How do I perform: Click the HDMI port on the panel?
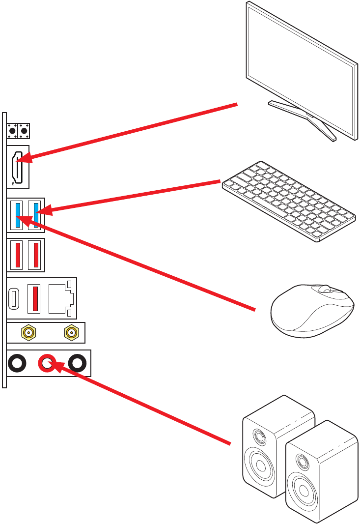(x=18, y=167)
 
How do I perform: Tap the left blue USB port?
(x=18, y=214)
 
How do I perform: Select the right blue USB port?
(x=36, y=214)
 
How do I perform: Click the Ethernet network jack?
(x=60, y=298)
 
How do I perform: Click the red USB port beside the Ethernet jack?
(x=35, y=298)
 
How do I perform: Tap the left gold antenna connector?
(x=28, y=333)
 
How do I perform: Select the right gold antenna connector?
(x=71, y=333)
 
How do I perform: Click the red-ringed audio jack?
(x=47, y=363)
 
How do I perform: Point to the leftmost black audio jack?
(x=17, y=363)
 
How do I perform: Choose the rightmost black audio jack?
(x=77, y=363)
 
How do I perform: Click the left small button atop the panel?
(x=13, y=131)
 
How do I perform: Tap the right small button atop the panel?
(x=24, y=131)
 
